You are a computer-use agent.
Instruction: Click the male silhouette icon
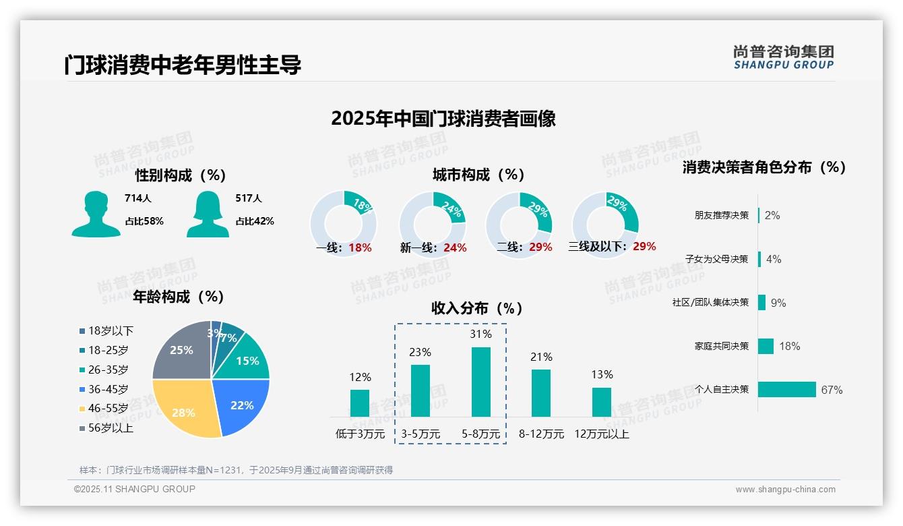click(x=96, y=214)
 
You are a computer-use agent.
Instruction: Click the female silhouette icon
click(x=208, y=214)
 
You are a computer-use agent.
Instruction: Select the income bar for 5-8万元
click(x=480, y=382)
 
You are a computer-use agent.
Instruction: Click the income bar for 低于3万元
click(x=360, y=403)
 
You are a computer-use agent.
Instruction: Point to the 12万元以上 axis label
click(x=602, y=434)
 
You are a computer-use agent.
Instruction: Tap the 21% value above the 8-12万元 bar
click(x=541, y=357)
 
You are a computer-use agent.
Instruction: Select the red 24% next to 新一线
click(x=455, y=248)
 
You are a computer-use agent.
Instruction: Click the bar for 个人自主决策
click(x=786, y=389)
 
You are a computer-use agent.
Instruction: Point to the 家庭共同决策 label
click(x=721, y=346)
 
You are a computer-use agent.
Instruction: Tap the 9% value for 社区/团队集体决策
click(x=778, y=303)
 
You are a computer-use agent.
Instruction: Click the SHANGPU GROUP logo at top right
click(x=783, y=57)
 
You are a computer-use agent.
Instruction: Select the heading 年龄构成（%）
click(x=179, y=297)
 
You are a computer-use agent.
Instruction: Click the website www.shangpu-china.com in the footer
click(x=785, y=490)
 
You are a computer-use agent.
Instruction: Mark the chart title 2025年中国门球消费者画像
click(x=443, y=119)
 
